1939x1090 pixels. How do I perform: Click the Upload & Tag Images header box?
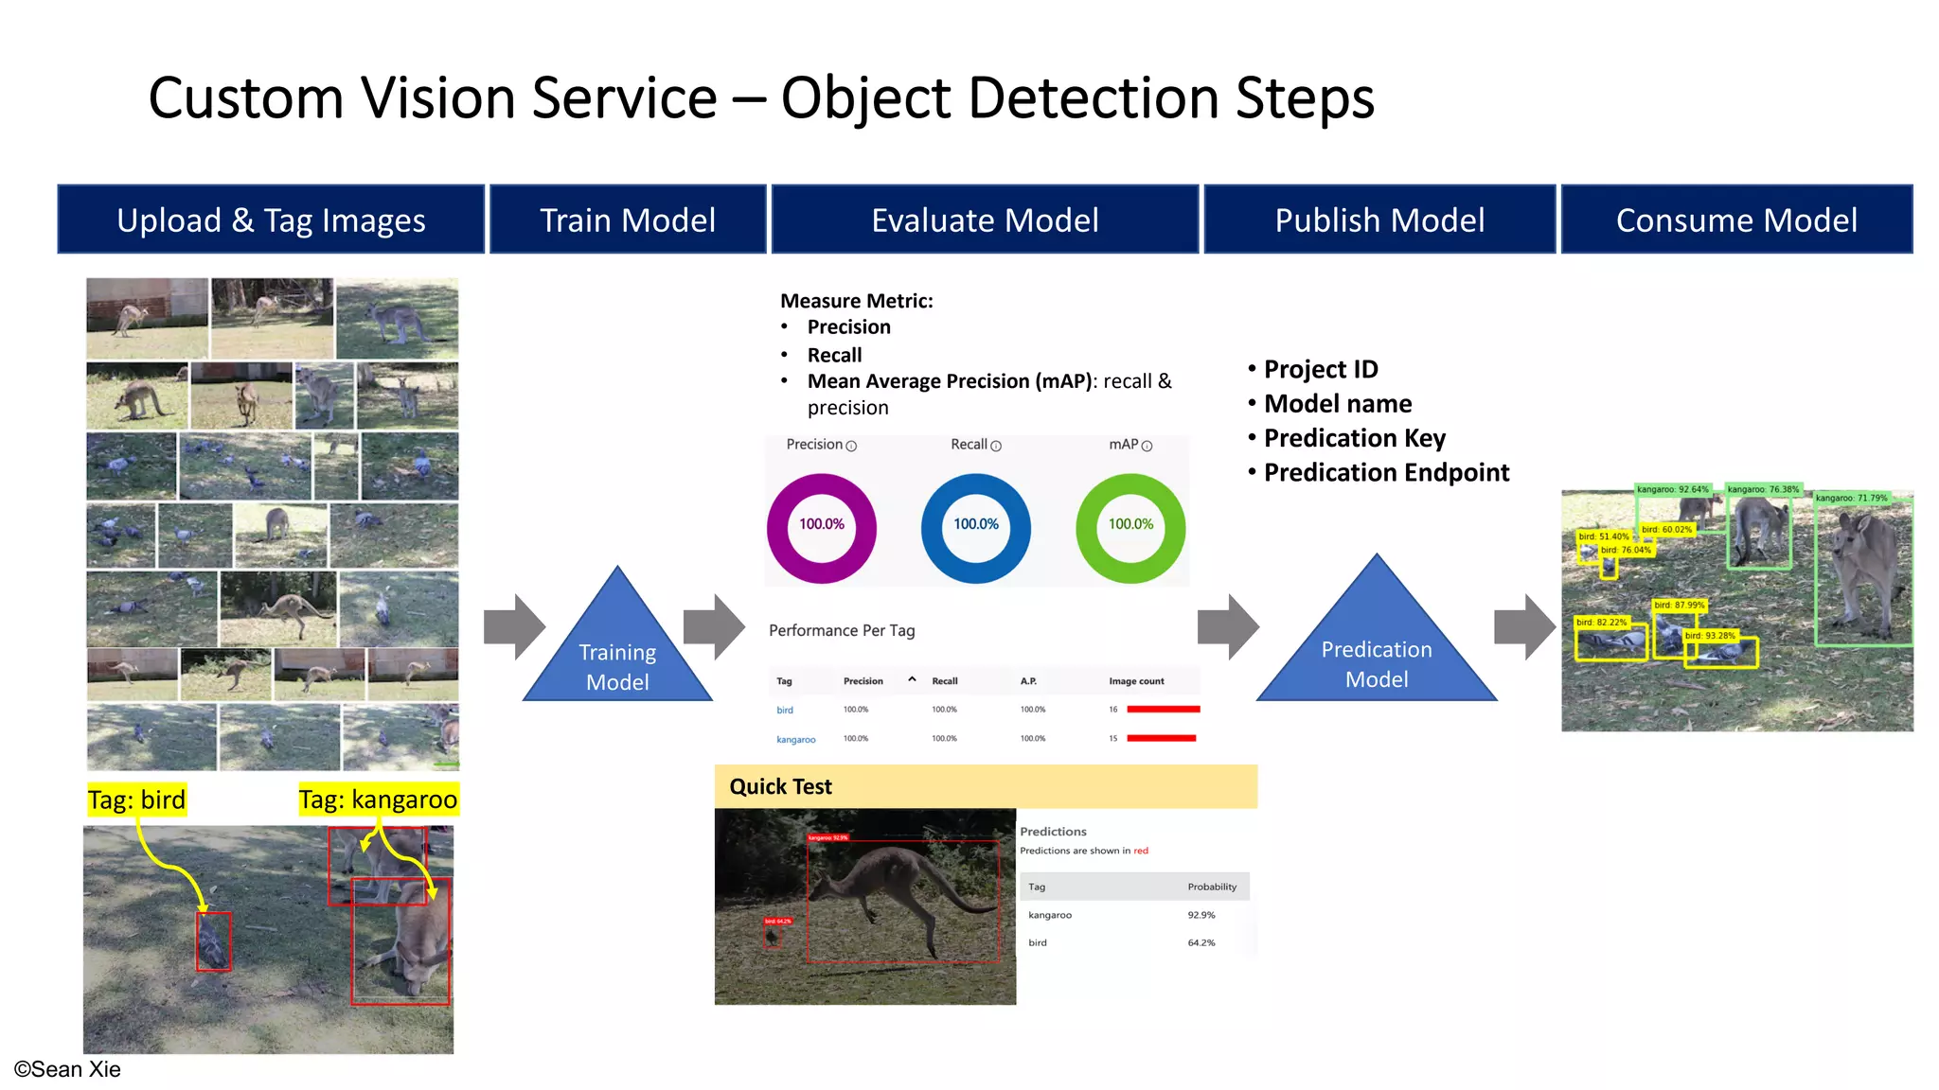[x=271, y=220]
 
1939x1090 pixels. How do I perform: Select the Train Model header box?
[x=627, y=220]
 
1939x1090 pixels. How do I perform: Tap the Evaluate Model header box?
[x=985, y=220]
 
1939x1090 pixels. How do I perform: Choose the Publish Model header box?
[x=1379, y=220]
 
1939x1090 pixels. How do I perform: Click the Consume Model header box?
[x=1736, y=220]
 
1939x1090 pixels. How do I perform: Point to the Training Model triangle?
[x=617, y=653]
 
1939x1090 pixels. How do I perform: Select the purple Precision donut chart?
[x=821, y=528]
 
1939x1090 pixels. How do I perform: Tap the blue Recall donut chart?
[x=975, y=528]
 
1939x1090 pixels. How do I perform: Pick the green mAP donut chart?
[x=1130, y=528]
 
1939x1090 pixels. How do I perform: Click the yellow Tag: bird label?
[x=137, y=800]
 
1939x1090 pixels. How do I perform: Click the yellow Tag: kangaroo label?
[x=378, y=800]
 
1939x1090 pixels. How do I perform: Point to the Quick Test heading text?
[x=780, y=786]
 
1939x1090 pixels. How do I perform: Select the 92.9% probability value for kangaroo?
[x=1201, y=915]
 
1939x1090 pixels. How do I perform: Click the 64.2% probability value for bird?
[x=1201, y=942]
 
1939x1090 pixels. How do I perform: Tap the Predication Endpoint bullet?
[x=1385, y=472]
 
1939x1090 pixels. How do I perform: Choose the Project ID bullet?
[x=1320, y=369]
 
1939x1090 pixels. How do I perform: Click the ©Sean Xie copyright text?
[x=67, y=1069]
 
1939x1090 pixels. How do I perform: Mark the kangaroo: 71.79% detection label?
[x=1851, y=498]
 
